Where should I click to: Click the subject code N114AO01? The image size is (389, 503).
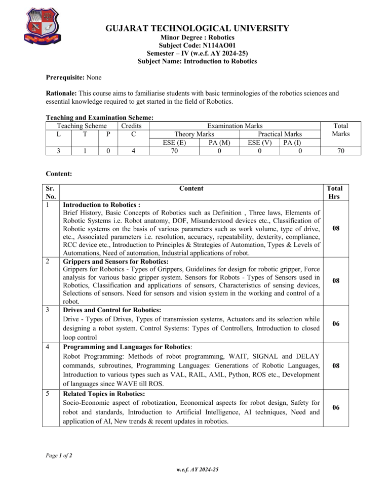coord(197,45)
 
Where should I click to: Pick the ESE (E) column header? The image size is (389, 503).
coord(173,142)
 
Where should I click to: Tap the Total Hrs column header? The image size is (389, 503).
coord(335,192)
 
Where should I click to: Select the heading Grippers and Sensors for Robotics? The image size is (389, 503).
coord(115,262)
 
